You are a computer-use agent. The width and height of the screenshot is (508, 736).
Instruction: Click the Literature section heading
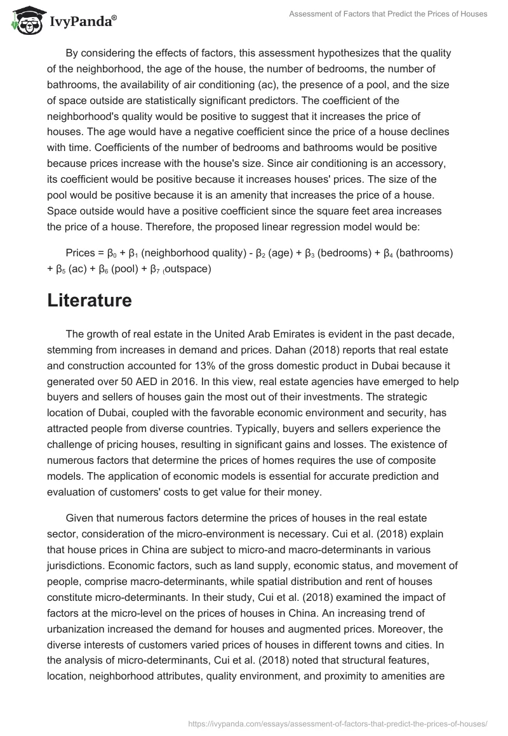90,300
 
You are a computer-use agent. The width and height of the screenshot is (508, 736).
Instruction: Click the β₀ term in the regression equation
114,253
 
